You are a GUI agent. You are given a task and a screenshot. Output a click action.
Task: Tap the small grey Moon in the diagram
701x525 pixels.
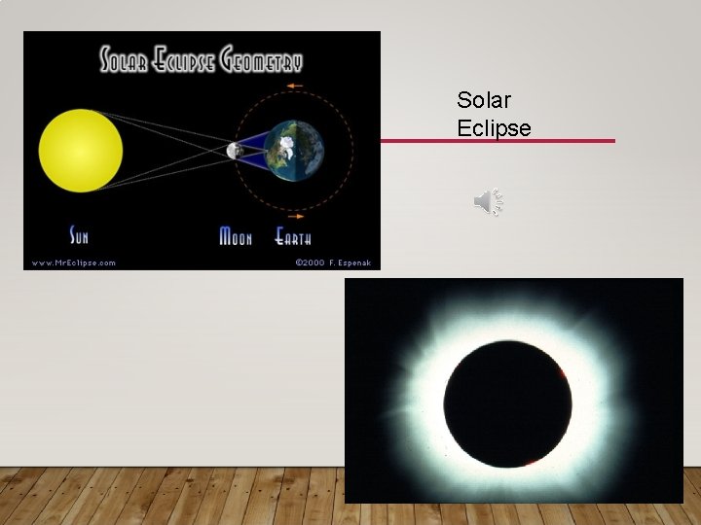(234, 151)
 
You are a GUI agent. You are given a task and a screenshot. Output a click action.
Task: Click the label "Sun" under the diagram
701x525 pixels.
(79, 235)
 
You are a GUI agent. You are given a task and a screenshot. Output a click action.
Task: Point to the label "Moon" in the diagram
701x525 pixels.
(236, 236)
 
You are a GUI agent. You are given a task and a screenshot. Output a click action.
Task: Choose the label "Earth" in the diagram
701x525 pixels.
(293, 236)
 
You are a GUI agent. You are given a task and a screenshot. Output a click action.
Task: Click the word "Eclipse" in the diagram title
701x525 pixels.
(185, 61)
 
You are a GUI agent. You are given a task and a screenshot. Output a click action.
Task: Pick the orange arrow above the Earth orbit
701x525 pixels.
(295, 87)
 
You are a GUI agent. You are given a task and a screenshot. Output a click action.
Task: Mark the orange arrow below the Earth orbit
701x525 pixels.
(295, 217)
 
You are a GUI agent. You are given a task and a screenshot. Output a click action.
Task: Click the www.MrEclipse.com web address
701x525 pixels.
(73, 262)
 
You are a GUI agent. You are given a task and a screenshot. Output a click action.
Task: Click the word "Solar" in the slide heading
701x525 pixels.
(484, 100)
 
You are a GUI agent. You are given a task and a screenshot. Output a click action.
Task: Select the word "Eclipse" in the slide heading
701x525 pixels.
(494, 128)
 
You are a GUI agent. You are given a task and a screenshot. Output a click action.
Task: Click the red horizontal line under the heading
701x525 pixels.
(497, 141)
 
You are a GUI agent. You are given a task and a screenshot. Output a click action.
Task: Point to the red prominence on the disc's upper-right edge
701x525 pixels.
(563, 373)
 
